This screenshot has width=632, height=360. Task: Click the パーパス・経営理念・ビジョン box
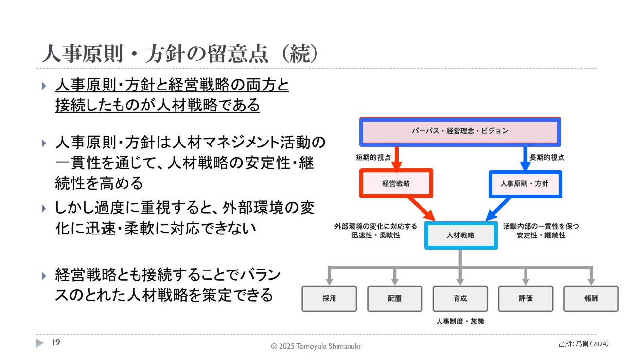[459, 131]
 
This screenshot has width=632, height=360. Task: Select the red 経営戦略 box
[396, 184]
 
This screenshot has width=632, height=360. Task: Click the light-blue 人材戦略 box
[460, 235]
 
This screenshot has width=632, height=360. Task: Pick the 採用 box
[329, 298]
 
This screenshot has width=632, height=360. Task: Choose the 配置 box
[395, 298]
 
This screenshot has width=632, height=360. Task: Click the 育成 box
[460, 298]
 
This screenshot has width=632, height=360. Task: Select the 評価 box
[526, 298]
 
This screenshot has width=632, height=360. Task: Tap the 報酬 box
[591, 298]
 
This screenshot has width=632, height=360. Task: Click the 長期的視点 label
[547, 158]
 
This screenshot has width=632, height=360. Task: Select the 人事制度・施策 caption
[460, 322]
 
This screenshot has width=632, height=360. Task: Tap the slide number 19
[55, 343]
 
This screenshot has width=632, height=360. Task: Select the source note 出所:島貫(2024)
[583, 344]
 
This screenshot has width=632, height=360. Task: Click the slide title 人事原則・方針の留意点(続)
[180, 54]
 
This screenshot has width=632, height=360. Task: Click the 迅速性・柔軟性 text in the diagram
[376, 235]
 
